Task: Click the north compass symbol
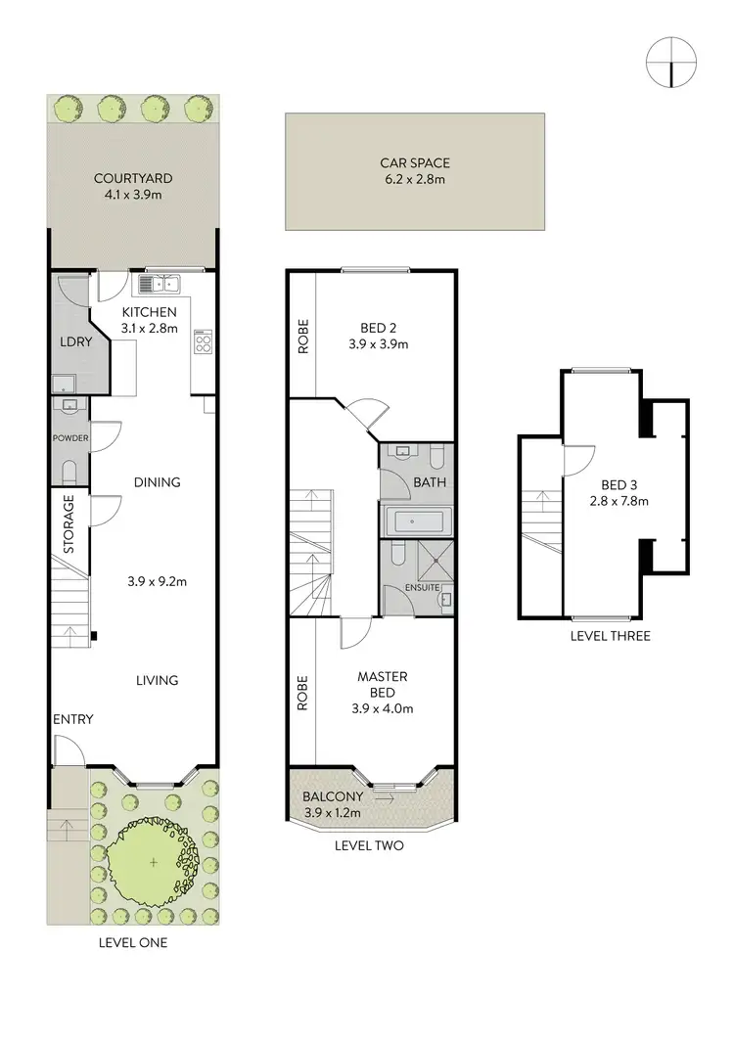click(x=670, y=61)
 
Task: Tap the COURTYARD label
click(x=133, y=178)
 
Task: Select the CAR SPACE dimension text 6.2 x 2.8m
click(x=415, y=180)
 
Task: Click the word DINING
click(x=157, y=482)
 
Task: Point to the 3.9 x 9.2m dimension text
click(x=157, y=580)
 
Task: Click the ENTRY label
click(x=73, y=719)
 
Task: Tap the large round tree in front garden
click(x=153, y=862)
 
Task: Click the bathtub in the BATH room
click(x=417, y=521)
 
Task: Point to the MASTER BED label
click(x=382, y=684)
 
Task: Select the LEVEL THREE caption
click(x=610, y=636)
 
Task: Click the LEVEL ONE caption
click(x=133, y=943)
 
